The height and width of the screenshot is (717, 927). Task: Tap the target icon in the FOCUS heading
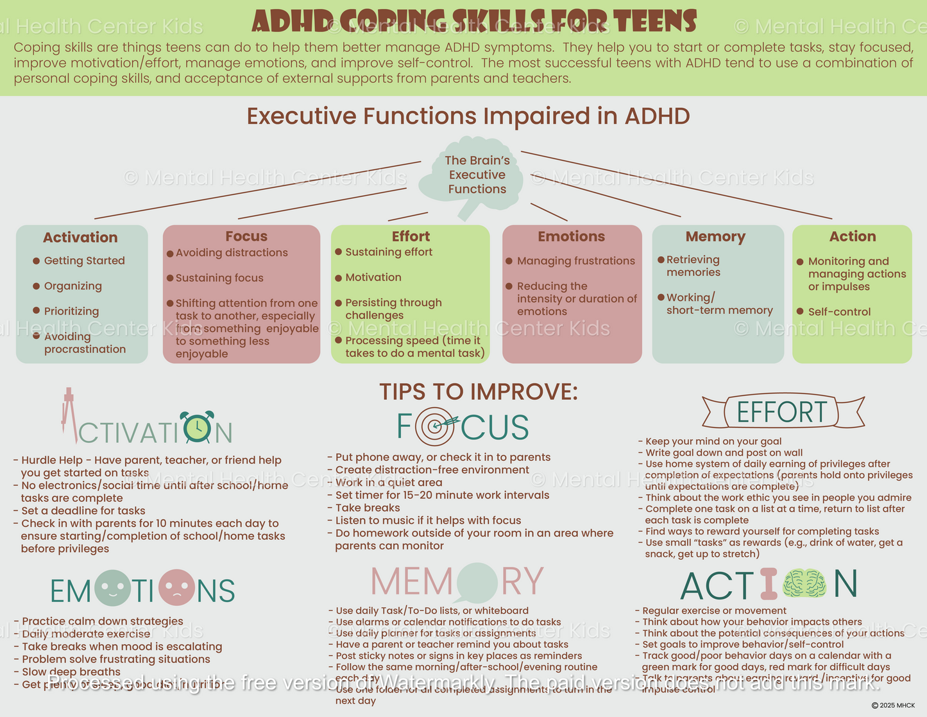pos(435,426)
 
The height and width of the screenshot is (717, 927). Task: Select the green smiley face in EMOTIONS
pos(112,589)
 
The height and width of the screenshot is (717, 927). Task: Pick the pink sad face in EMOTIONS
pos(176,588)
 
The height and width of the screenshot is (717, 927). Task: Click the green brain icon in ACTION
pos(804,583)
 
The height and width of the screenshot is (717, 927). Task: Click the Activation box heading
pos(80,238)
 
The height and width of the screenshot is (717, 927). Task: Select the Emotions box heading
pos(571,236)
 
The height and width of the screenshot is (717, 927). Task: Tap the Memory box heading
pos(715,236)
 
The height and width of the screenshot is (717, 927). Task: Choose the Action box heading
pos(852,236)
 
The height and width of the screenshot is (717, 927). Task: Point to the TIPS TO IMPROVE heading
pos(478,392)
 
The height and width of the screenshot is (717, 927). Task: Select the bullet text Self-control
pos(839,312)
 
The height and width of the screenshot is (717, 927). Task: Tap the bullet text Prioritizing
pos(71,311)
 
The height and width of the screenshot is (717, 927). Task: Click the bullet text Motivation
pos(373,277)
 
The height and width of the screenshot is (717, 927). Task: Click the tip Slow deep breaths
pos(71,671)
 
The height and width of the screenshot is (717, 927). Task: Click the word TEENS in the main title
pos(654,21)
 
